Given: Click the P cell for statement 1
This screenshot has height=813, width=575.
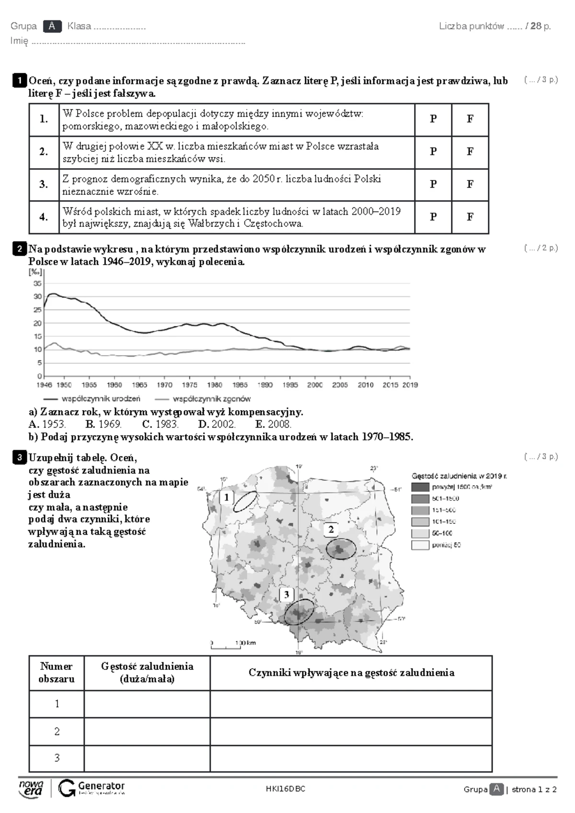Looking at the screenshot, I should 433,119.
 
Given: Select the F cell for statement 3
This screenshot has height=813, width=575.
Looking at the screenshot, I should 470,184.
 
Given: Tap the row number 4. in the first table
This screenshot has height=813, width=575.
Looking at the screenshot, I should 44,217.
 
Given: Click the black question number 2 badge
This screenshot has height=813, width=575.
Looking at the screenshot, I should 19,249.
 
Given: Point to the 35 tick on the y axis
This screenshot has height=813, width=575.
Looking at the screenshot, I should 38,283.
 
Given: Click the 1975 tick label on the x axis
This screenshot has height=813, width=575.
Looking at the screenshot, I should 190,385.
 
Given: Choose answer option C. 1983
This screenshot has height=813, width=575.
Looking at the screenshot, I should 160,424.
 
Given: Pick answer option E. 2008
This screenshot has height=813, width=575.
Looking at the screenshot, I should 273,424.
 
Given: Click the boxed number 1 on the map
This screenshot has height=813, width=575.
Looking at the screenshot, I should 226,497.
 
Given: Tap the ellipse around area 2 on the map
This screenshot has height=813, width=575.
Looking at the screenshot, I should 341,549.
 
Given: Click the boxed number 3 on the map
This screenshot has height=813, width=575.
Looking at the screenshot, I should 286,595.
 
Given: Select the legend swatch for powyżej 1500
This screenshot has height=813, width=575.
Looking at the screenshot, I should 420,487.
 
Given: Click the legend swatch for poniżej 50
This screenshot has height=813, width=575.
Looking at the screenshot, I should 420,545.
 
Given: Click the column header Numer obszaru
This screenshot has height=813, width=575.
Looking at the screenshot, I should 57,673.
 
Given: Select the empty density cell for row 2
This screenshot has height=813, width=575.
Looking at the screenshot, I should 147,732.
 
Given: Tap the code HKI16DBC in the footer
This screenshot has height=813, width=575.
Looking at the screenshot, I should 286,790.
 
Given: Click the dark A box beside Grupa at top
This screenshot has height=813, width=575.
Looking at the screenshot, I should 52,26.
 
